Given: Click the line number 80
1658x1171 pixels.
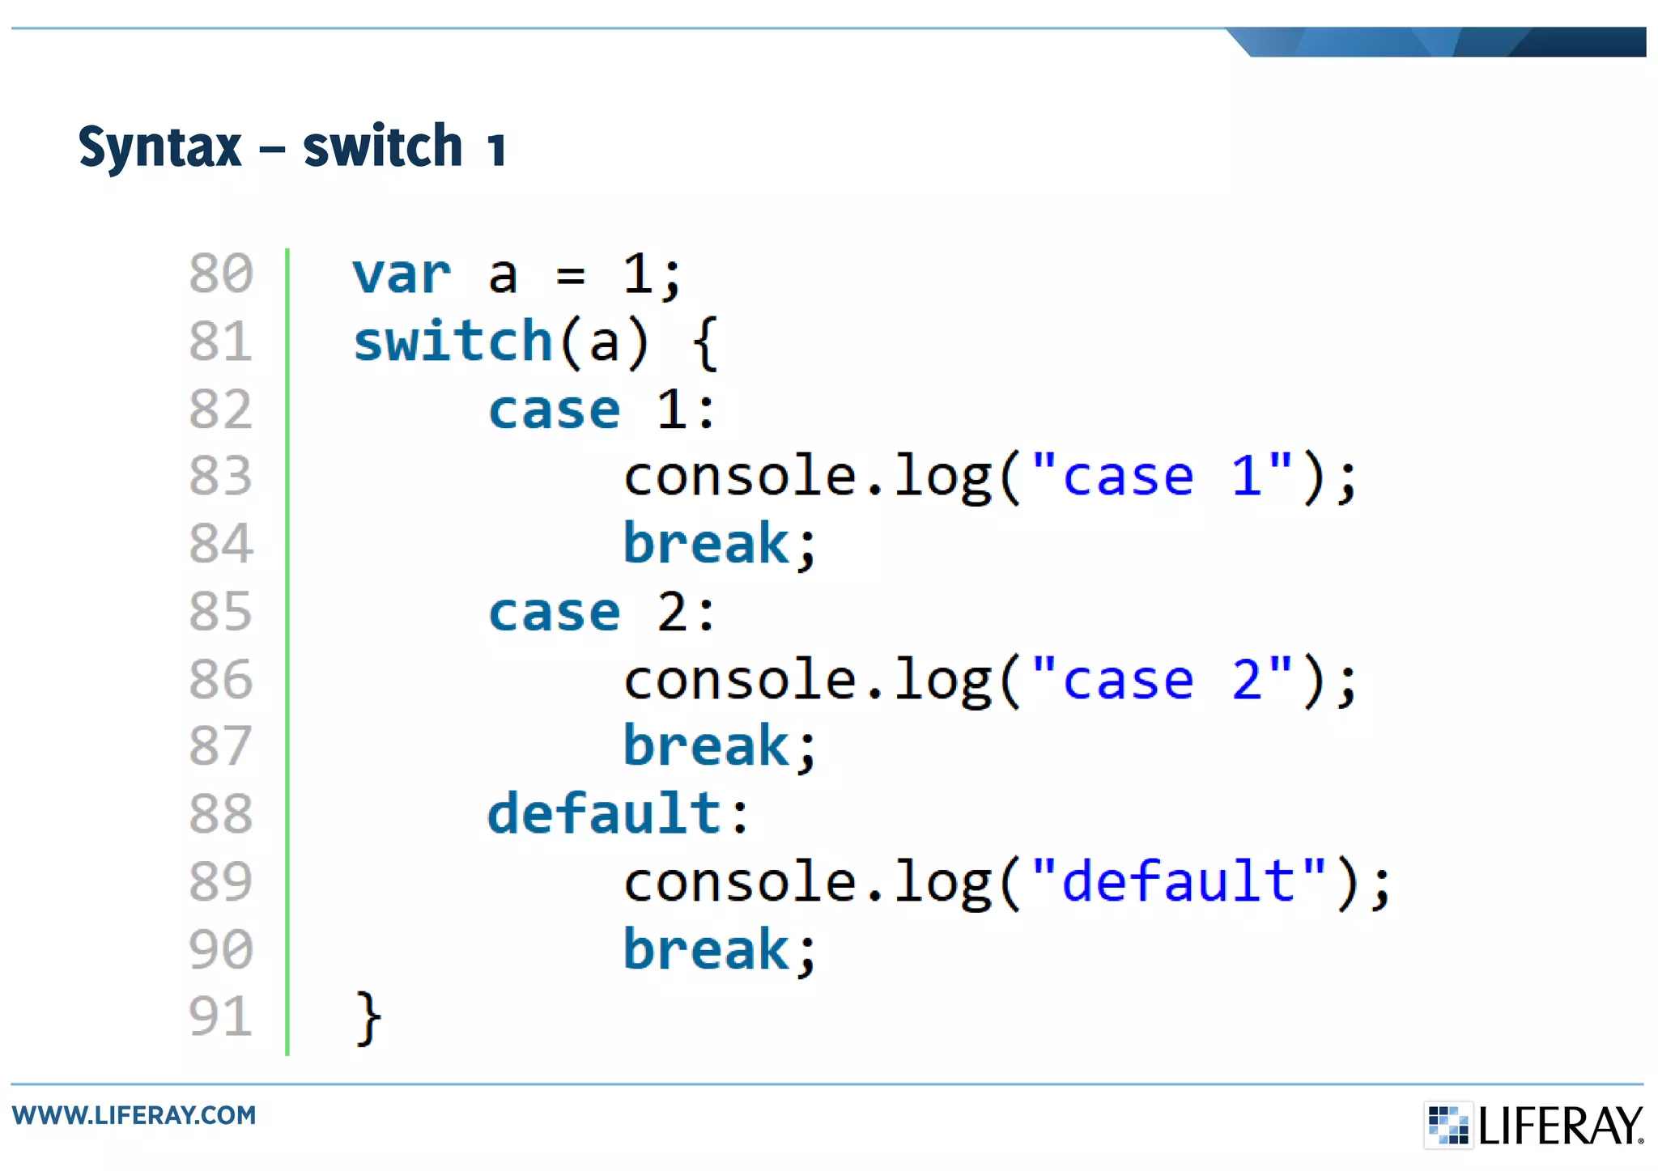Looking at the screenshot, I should click(x=220, y=274).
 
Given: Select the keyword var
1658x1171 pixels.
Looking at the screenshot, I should click(x=402, y=275).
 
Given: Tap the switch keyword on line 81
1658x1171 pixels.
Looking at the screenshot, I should click(x=453, y=342).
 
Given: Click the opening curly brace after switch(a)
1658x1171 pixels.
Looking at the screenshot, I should click(x=705, y=343).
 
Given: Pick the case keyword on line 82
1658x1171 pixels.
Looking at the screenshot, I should click(x=555, y=410).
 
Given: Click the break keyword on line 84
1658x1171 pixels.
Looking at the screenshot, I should click(x=706, y=543).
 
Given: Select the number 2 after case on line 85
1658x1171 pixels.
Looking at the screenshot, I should click(x=673, y=612).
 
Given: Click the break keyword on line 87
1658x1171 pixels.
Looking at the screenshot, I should click(x=706, y=746).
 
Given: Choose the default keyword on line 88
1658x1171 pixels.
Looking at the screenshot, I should click(x=604, y=813).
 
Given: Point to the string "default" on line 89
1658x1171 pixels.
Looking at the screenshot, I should click(x=1179, y=881).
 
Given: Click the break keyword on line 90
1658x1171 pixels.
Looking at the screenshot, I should click(x=706, y=949).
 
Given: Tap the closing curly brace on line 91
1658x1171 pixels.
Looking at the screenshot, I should click(x=368, y=1018).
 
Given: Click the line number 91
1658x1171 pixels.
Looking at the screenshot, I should click(x=220, y=1016).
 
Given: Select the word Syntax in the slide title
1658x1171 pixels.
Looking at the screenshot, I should click(x=159, y=147).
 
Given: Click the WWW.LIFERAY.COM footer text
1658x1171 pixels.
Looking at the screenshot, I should click(x=134, y=1115).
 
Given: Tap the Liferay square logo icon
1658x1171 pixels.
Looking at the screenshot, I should click(x=1448, y=1125).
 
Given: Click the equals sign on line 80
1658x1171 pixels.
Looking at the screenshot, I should click(x=570, y=277).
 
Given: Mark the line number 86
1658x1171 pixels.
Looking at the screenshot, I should click(x=220, y=679).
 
